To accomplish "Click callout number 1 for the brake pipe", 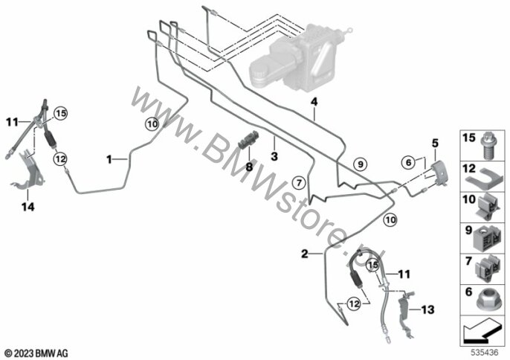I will (x=109, y=159).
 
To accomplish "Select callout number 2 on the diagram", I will (x=304, y=254).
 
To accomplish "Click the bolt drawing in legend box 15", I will (x=490, y=144).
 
